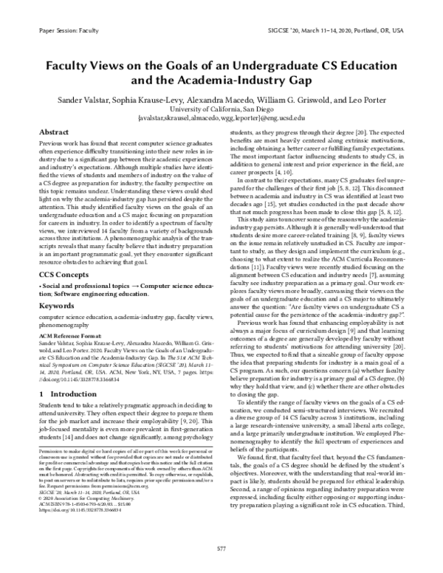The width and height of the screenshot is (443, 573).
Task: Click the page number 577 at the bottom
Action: (x=221, y=549)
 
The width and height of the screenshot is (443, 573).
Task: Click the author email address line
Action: (x=221, y=117)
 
